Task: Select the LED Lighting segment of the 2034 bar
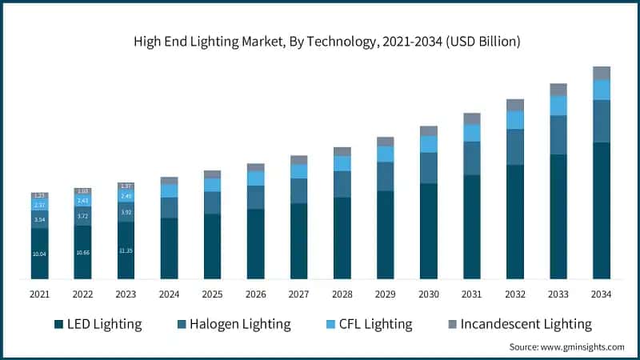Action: pyautogui.click(x=602, y=210)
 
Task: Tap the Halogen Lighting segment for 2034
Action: pyautogui.click(x=602, y=121)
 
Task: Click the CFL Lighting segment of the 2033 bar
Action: pyautogui.click(x=558, y=106)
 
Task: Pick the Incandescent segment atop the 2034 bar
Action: pyautogui.click(x=602, y=73)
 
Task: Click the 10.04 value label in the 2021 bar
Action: pyautogui.click(x=40, y=254)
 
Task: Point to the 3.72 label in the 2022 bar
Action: pyautogui.click(x=83, y=216)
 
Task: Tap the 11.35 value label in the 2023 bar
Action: pyautogui.click(x=126, y=250)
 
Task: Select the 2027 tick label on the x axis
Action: pyautogui.click(x=298, y=294)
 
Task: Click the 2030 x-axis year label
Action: pyautogui.click(x=429, y=294)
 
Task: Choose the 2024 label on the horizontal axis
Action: pyautogui.click(x=169, y=294)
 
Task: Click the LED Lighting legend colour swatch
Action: pyautogui.click(x=58, y=324)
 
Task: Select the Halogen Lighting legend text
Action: pyautogui.click(x=240, y=324)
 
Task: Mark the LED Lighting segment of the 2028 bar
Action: pyautogui.click(x=342, y=238)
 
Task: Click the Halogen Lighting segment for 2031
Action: pyautogui.click(x=472, y=158)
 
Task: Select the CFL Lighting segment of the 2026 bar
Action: pyautogui.click(x=256, y=178)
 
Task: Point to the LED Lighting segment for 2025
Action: pyautogui.click(x=212, y=246)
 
